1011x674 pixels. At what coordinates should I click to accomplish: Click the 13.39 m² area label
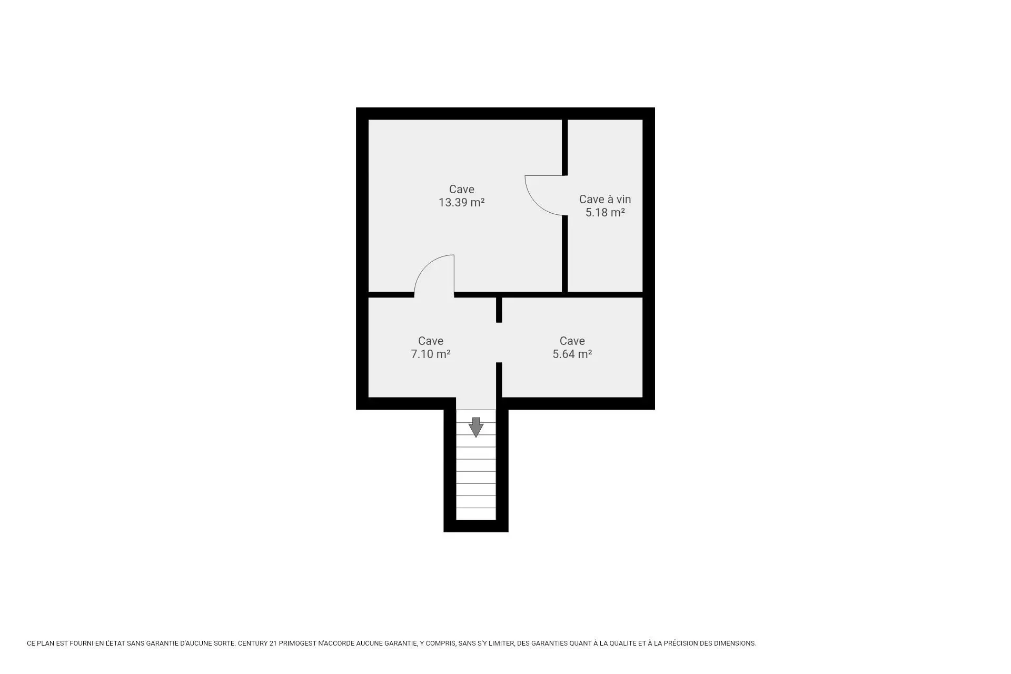(x=461, y=202)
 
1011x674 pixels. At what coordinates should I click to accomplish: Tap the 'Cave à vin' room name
(x=605, y=199)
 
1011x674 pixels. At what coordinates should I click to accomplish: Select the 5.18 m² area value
(x=605, y=212)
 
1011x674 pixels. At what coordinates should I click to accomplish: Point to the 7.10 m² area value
(x=431, y=354)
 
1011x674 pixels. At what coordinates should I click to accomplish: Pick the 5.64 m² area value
(x=572, y=354)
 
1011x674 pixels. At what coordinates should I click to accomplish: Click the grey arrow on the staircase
(x=476, y=427)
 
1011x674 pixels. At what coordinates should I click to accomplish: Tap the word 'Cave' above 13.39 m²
(x=462, y=189)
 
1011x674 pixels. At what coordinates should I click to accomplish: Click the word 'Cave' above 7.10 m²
(x=431, y=341)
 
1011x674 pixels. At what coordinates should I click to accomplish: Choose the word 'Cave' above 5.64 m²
(x=572, y=341)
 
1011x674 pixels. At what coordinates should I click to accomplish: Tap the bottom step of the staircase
(x=476, y=514)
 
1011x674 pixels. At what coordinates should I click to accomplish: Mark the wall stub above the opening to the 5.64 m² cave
(x=499, y=310)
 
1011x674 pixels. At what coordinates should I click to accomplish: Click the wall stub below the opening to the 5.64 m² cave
(x=499, y=380)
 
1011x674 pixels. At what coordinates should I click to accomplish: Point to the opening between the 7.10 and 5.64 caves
(x=499, y=343)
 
